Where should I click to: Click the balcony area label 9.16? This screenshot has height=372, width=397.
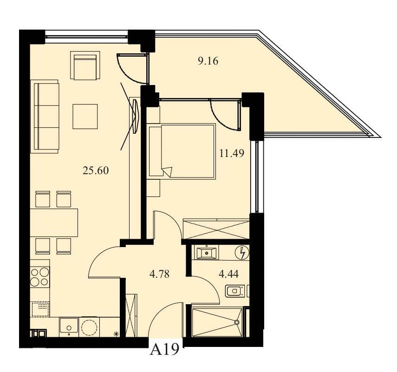pos(208,61)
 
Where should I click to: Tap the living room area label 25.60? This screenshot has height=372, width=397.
pos(96,171)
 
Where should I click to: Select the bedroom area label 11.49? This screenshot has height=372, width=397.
pos(232,153)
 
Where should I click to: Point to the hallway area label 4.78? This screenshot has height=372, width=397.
pos(159,274)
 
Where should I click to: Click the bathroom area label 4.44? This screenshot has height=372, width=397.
pos(228,274)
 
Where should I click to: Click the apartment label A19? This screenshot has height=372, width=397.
pos(164,349)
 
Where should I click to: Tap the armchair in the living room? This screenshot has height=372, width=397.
pos(85,65)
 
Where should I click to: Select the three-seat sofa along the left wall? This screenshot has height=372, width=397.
pos(45,117)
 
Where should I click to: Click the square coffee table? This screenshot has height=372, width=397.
pos(85,117)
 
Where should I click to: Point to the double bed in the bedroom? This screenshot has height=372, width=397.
pos(182,151)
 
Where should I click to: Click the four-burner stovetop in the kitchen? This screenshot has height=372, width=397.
pos(40,277)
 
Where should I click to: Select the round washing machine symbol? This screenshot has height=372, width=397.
pos(89,327)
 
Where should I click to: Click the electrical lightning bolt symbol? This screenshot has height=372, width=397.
pos(242,253)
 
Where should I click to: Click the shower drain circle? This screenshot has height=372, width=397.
pos(237,322)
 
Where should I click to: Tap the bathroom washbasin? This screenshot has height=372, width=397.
pos(207,252)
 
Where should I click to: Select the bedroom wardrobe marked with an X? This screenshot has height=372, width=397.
pos(216,229)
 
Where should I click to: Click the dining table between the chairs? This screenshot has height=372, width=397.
pos(54,222)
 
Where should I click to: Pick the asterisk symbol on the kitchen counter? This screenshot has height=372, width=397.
pos(117,334)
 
